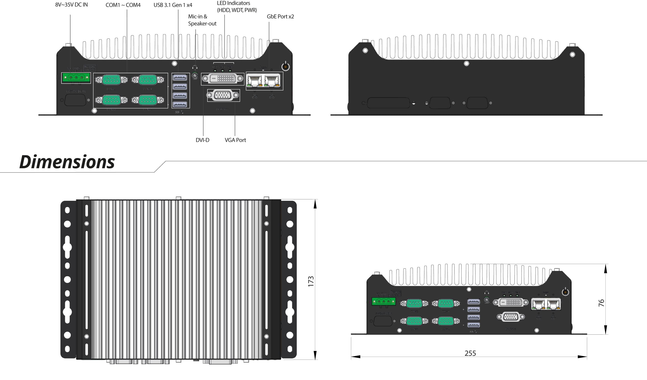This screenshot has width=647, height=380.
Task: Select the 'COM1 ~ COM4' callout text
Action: [123, 5]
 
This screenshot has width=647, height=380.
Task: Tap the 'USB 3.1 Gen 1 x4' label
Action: [173, 5]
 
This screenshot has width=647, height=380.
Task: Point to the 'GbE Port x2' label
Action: [280, 17]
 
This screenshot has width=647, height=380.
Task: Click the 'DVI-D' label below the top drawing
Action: [202, 140]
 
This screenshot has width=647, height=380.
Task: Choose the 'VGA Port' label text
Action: [235, 140]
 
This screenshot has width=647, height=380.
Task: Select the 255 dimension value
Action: [470, 353]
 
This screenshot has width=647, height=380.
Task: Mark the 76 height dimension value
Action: [601, 303]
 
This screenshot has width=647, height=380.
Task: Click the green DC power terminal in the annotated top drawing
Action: [76, 77]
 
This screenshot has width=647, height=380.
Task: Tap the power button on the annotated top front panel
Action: [286, 67]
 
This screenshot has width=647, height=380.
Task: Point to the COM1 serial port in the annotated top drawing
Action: [148, 80]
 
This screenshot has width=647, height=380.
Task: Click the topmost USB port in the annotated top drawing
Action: [180, 77]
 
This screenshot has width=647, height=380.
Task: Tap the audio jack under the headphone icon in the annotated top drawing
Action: [195, 76]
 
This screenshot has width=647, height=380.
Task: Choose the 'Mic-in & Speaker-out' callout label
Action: [202, 20]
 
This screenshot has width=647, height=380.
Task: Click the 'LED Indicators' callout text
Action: [234, 3]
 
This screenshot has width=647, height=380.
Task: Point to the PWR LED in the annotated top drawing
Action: [230, 70]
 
